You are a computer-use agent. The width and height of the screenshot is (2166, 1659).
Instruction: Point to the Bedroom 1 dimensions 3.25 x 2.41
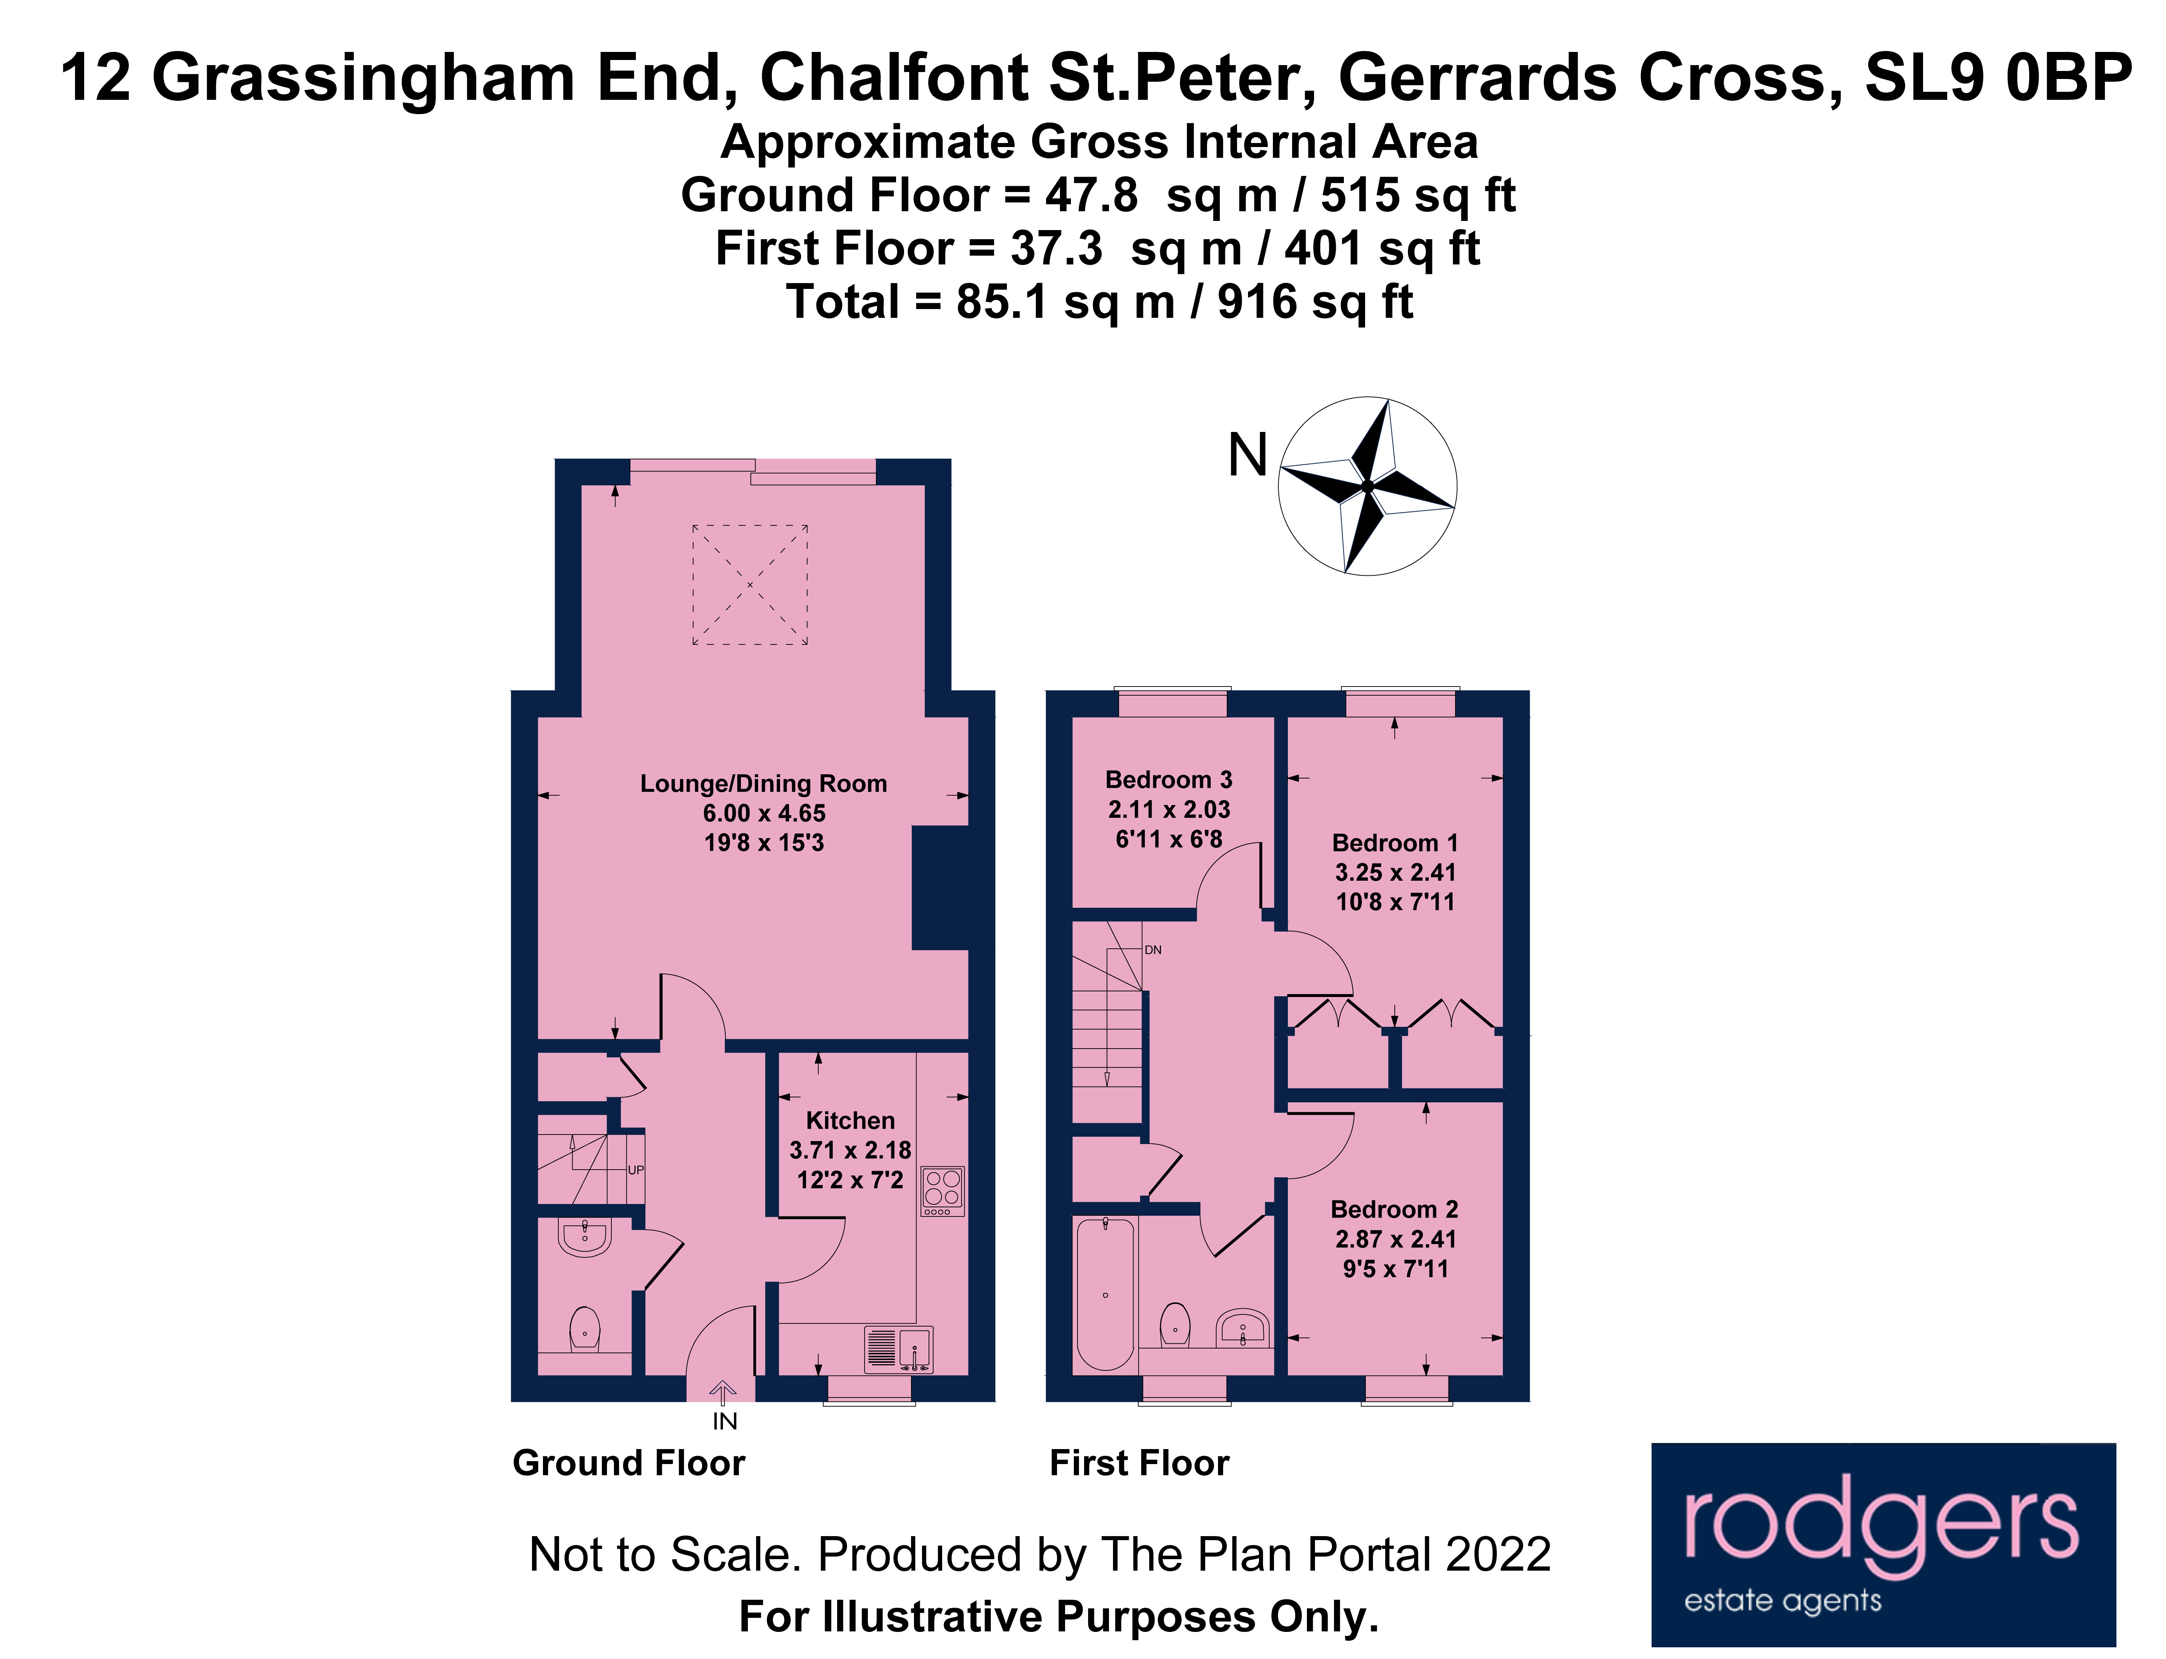(x=1395, y=872)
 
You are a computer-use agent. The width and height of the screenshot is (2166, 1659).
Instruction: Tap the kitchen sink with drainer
(x=898, y=1349)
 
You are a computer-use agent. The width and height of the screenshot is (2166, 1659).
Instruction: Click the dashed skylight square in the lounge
(x=750, y=584)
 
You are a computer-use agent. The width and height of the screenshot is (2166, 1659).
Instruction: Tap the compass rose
(x=1367, y=486)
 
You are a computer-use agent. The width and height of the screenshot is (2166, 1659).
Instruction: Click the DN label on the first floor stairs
(x=1153, y=950)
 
